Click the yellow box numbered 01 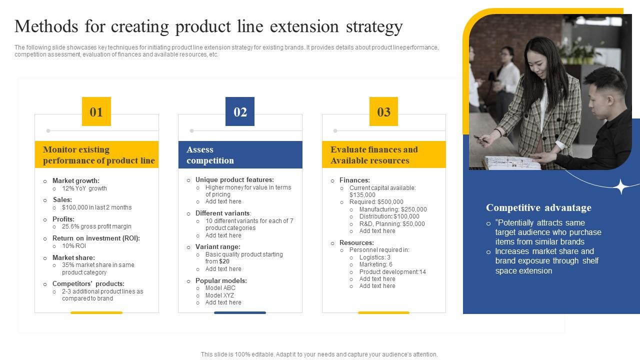(96, 111)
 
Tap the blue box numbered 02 (240, 111)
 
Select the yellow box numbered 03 (383, 111)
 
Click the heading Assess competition (210, 155)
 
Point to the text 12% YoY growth (84, 188)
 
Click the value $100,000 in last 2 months (96, 207)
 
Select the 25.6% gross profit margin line (96, 226)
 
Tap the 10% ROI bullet (74, 246)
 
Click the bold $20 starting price (224, 261)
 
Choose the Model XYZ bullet (219, 295)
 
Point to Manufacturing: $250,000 (392, 209)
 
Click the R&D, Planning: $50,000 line (391, 224)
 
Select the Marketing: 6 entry (375, 264)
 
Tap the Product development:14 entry (392, 272)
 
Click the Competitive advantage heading (538, 207)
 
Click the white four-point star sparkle (621, 186)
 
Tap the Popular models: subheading (221, 280)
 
